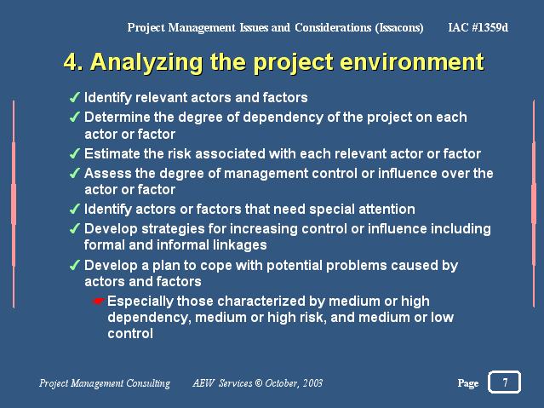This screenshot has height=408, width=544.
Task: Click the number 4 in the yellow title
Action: pos(72,62)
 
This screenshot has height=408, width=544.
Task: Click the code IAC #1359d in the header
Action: pos(478,27)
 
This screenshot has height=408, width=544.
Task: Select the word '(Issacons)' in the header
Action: pos(399,28)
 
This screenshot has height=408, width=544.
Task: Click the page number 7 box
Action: pos(505,382)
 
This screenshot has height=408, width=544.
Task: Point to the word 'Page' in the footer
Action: pos(468,383)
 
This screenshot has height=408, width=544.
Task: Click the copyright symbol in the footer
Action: pos(259,383)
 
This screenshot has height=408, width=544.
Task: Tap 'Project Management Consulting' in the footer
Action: pos(105,383)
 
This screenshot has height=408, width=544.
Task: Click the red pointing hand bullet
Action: pos(99,301)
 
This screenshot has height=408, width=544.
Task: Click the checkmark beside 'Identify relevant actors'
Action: pos(75,98)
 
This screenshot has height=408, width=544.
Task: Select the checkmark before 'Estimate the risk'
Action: pos(75,153)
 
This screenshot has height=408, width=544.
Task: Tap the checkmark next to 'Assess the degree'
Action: pos(75,173)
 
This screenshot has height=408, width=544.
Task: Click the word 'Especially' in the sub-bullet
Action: pos(140,302)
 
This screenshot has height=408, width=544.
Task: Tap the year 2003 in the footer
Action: pos(312,383)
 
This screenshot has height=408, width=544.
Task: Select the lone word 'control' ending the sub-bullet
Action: pos(130,334)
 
